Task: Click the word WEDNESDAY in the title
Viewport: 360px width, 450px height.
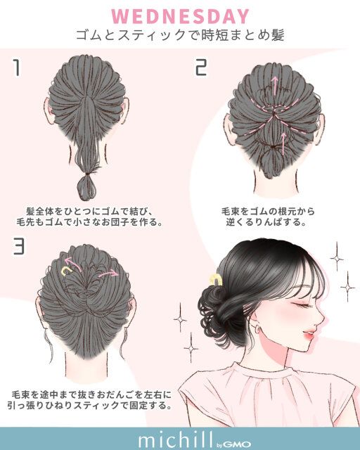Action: click(181, 15)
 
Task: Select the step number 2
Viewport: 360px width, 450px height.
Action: click(202, 67)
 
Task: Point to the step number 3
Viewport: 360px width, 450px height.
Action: click(20, 247)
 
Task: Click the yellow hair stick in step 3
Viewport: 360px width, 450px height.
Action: click(67, 271)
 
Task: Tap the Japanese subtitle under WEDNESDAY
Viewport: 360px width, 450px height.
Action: click(180, 35)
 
